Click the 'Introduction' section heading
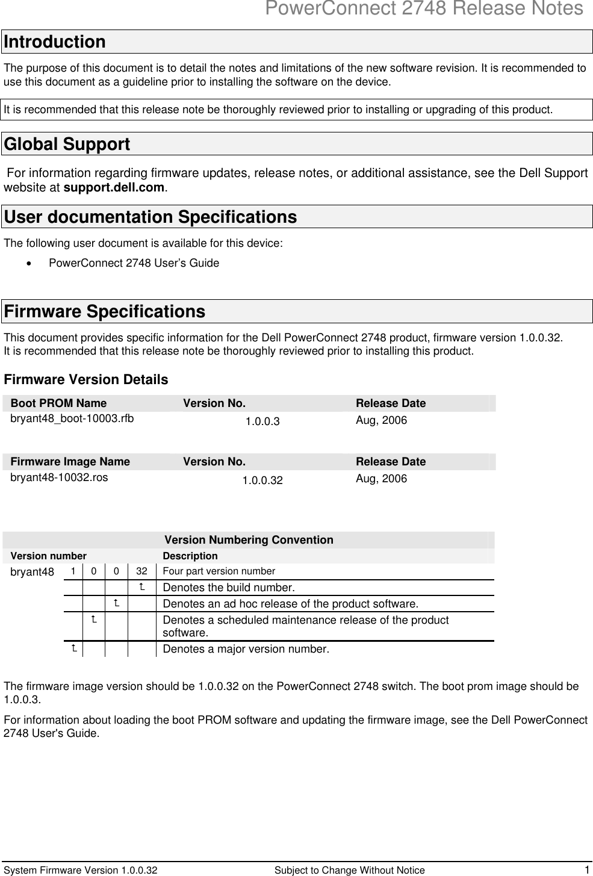pyautogui.click(x=55, y=42)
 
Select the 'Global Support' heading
pyautogui.click(x=67, y=144)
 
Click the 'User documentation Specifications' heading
pyautogui.click(x=151, y=217)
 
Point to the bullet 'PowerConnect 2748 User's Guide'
pyautogui.click(x=134, y=263)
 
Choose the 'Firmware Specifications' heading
pyautogui.click(x=105, y=312)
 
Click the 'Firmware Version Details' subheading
pyautogui.click(x=86, y=380)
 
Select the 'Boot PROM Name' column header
pyautogui.click(x=59, y=403)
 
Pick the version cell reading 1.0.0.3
pyautogui.click(x=262, y=421)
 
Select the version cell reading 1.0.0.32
pyautogui.click(x=262, y=480)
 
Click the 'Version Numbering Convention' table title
pyautogui.click(x=249, y=540)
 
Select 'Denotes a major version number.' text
pyautogui.click(x=246, y=649)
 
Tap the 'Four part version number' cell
pyautogui.click(x=219, y=571)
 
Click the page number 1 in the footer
pyautogui.click(x=586, y=869)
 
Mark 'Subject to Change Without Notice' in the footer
pyautogui.click(x=349, y=870)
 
